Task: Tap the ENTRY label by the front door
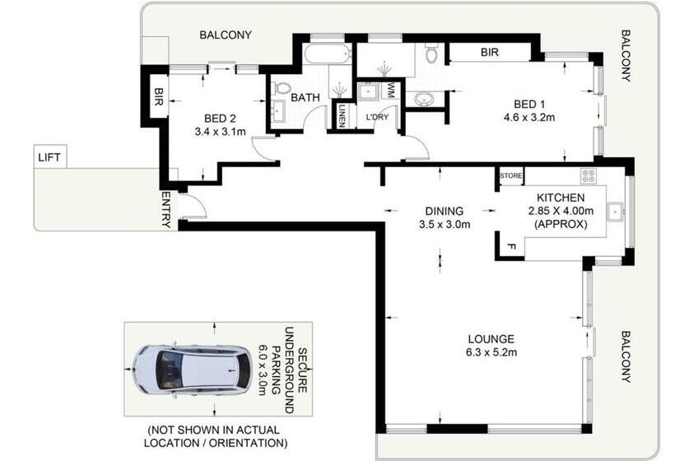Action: coord(166,209)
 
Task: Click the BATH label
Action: coord(306,97)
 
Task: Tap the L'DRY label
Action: coord(377,117)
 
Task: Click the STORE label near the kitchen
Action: coord(511,175)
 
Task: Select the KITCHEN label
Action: coord(560,198)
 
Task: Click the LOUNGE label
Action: coord(491,338)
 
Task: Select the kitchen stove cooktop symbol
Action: coord(589,175)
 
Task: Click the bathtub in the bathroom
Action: coord(326,56)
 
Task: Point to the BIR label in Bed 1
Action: coord(490,53)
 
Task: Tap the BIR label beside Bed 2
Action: coord(158,97)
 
